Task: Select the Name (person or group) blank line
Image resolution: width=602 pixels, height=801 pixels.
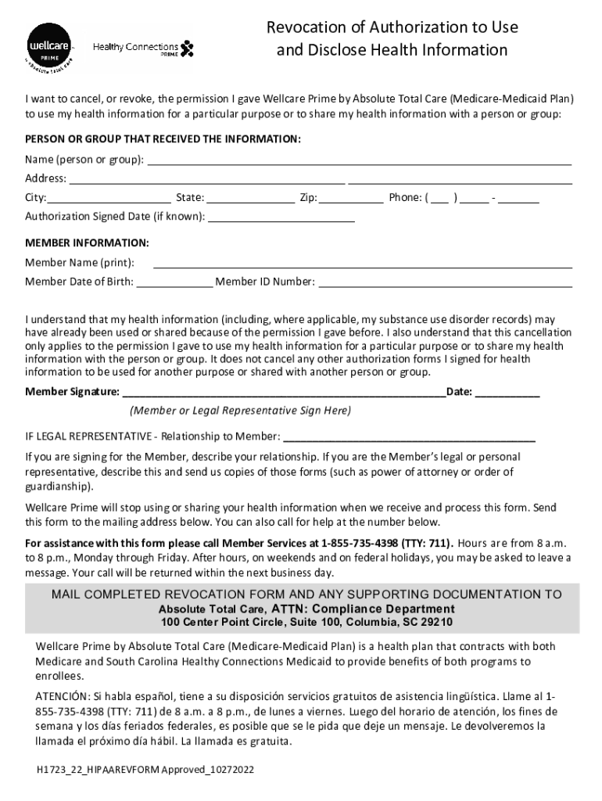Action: coord(360,160)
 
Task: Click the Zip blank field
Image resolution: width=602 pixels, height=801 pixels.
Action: coord(352,198)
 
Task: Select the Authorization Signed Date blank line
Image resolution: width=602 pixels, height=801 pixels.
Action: coord(281,217)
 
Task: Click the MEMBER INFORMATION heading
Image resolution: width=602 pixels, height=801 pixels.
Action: coord(87,242)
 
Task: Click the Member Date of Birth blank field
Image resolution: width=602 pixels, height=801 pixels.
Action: coord(174,282)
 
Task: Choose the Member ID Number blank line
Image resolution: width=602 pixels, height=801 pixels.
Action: coord(445,282)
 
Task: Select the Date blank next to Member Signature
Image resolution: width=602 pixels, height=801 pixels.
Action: coord(507,392)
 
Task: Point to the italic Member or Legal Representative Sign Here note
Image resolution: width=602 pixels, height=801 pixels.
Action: coord(241,411)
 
